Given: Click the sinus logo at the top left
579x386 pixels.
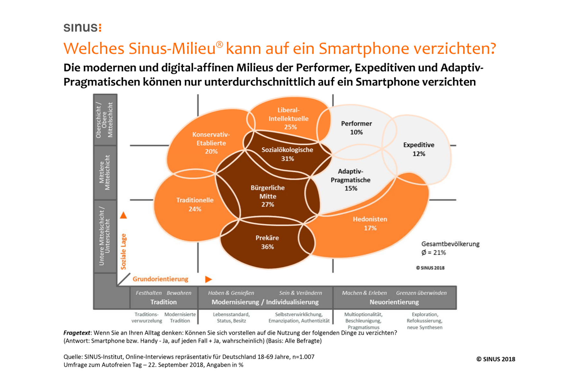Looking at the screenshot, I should click(82, 27).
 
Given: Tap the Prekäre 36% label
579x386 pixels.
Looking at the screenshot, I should click(267, 242).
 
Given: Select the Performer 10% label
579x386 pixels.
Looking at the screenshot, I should click(356, 128).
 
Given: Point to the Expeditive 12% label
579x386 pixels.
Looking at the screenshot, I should click(419, 149).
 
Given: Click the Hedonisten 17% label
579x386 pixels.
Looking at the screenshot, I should click(370, 224).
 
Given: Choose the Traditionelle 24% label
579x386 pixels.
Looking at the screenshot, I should click(195, 204).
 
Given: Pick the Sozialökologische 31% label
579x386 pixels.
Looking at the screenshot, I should click(287, 154).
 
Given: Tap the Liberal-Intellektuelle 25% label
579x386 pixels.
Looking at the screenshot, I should click(289, 118).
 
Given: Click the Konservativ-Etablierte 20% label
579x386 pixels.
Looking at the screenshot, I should click(211, 143).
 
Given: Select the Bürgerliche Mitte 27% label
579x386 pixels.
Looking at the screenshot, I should click(268, 196).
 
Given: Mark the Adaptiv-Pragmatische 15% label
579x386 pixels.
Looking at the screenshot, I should click(351, 180).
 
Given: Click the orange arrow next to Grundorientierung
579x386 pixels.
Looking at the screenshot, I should click(208, 279).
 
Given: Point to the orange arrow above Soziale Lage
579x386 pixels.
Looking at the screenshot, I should click(124, 215).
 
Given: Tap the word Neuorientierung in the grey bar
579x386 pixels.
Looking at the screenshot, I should click(394, 302).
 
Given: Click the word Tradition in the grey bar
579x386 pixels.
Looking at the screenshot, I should click(163, 302).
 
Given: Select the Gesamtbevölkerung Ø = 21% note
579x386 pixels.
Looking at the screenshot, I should click(450, 248).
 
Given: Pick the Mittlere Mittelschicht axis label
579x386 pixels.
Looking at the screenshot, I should click(105, 172).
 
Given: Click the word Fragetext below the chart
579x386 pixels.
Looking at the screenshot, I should click(77, 333).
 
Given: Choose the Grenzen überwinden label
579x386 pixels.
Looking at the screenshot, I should click(421, 293).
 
